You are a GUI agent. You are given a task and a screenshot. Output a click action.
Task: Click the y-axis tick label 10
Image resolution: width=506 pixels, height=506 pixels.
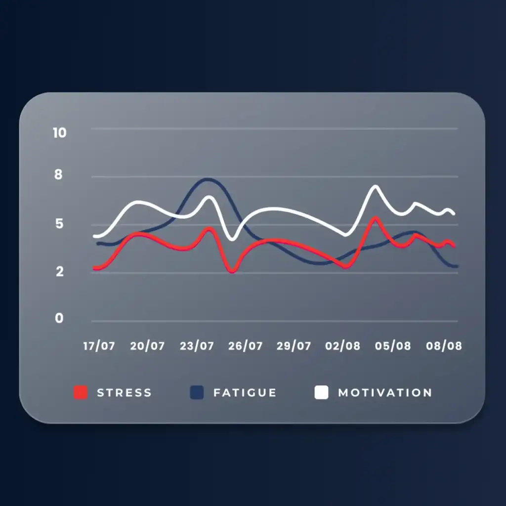[x=60, y=132]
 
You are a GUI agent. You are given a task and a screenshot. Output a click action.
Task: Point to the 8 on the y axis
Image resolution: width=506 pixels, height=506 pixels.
[x=58, y=174]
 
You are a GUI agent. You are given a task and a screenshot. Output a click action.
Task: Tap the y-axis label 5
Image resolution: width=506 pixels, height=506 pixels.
[x=59, y=223]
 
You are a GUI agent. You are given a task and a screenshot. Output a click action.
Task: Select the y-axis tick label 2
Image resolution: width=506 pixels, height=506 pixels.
[x=60, y=271]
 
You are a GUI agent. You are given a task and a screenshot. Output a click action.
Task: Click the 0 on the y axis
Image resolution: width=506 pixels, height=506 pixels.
[x=59, y=318]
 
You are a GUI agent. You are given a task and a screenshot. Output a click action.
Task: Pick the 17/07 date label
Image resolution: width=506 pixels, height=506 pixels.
[x=99, y=346]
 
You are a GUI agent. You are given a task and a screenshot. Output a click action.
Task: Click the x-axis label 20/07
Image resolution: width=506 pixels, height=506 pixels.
[x=147, y=346]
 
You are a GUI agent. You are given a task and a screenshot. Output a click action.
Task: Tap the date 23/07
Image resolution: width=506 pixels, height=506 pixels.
[x=197, y=346]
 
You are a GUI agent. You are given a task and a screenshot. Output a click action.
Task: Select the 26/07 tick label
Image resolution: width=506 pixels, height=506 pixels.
[x=245, y=346]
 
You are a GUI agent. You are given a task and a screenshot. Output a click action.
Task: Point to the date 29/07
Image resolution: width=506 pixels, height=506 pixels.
[x=294, y=346]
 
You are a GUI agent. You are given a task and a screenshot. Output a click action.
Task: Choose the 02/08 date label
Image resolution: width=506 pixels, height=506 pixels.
[x=343, y=346]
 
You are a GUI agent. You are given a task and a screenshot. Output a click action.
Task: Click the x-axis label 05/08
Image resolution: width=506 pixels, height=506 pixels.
[x=393, y=346]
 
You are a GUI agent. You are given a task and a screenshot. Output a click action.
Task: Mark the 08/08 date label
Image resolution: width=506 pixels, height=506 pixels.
[x=444, y=346]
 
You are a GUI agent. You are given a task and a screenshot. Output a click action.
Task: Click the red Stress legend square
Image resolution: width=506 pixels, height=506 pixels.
[x=81, y=392]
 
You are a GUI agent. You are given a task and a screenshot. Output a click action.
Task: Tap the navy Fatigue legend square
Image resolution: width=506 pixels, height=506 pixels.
[x=197, y=392]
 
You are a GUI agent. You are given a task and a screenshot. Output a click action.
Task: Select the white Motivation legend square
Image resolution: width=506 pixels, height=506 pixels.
[x=321, y=392]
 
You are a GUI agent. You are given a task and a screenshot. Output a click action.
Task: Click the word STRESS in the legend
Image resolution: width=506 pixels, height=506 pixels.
[x=124, y=393]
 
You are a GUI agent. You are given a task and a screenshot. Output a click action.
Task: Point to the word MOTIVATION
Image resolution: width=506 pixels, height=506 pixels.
[x=385, y=393]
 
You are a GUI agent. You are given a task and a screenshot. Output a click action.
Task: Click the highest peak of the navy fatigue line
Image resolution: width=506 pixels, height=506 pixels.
[x=208, y=179]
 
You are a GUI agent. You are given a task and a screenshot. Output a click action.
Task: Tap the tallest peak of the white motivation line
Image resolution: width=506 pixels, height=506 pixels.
[x=376, y=186]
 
